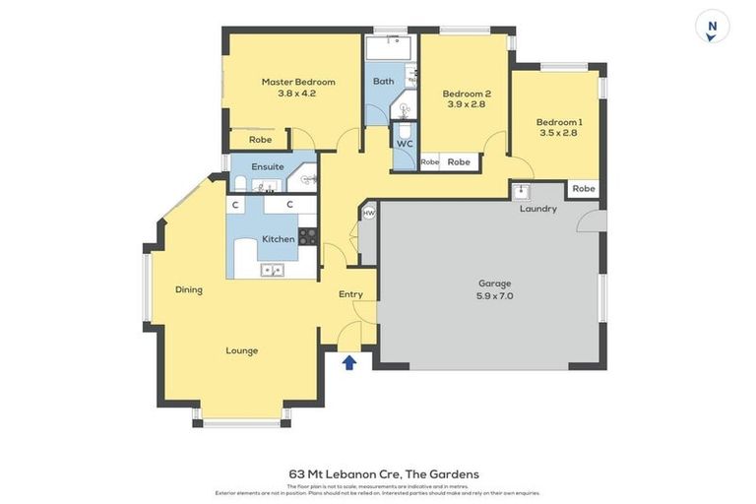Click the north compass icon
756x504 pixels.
tap(712, 27)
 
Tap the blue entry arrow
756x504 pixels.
tap(349, 362)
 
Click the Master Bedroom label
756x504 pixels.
tap(298, 82)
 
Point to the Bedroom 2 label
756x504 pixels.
tap(466, 94)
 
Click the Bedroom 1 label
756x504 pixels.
tap(559, 122)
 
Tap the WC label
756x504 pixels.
tap(405, 144)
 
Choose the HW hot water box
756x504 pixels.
tap(369, 213)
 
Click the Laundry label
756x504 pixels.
tap(538, 209)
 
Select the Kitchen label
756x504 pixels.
tap(279, 239)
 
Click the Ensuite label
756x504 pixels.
tap(268, 166)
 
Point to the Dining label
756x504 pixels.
tap(189, 289)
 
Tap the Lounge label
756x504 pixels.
tap(242, 350)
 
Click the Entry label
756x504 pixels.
tap(350, 294)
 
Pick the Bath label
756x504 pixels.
tap(383, 81)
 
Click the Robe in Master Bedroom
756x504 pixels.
tap(260, 140)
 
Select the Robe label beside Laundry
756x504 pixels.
tap(584, 188)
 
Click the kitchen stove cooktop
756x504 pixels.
tap(307, 235)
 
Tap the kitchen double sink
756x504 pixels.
tap(272, 269)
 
